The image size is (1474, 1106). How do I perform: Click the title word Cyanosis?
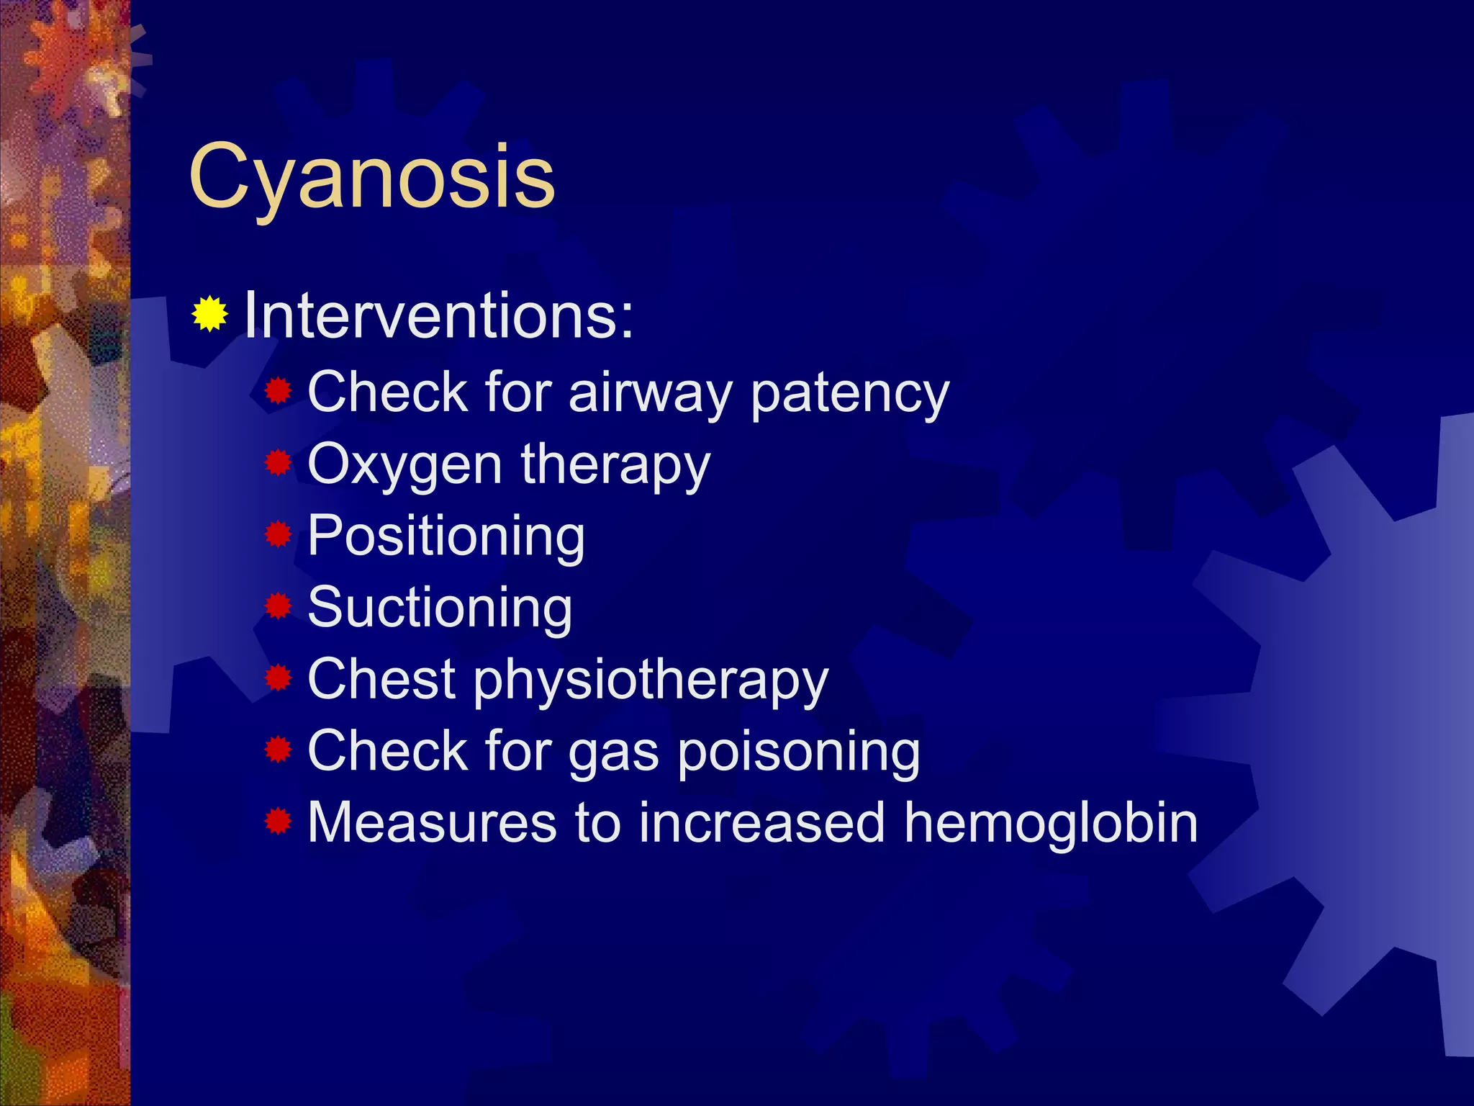point(371,176)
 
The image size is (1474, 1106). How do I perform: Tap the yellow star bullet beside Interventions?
point(209,314)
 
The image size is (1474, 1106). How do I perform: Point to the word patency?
point(849,395)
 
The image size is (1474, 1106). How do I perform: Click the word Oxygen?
point(404,466)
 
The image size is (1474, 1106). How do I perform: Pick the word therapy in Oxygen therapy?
point(615,466)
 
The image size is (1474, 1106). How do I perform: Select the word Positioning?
point(446,537)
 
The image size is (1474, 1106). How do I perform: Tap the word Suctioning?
point(440,608)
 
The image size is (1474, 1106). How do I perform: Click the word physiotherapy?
point(651,680)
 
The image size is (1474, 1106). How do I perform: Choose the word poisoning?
point(799,752)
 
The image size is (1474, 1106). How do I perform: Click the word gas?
point(613,753)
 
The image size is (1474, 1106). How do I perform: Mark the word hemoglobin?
point(1051,822)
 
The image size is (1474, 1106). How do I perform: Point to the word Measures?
point(432,822)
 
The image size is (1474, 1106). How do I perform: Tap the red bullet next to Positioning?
point(278,535)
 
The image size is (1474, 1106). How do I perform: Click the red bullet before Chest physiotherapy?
point(278,678)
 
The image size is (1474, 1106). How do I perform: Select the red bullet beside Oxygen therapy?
point(278,463)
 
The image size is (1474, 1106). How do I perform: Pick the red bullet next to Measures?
point(278,821)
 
